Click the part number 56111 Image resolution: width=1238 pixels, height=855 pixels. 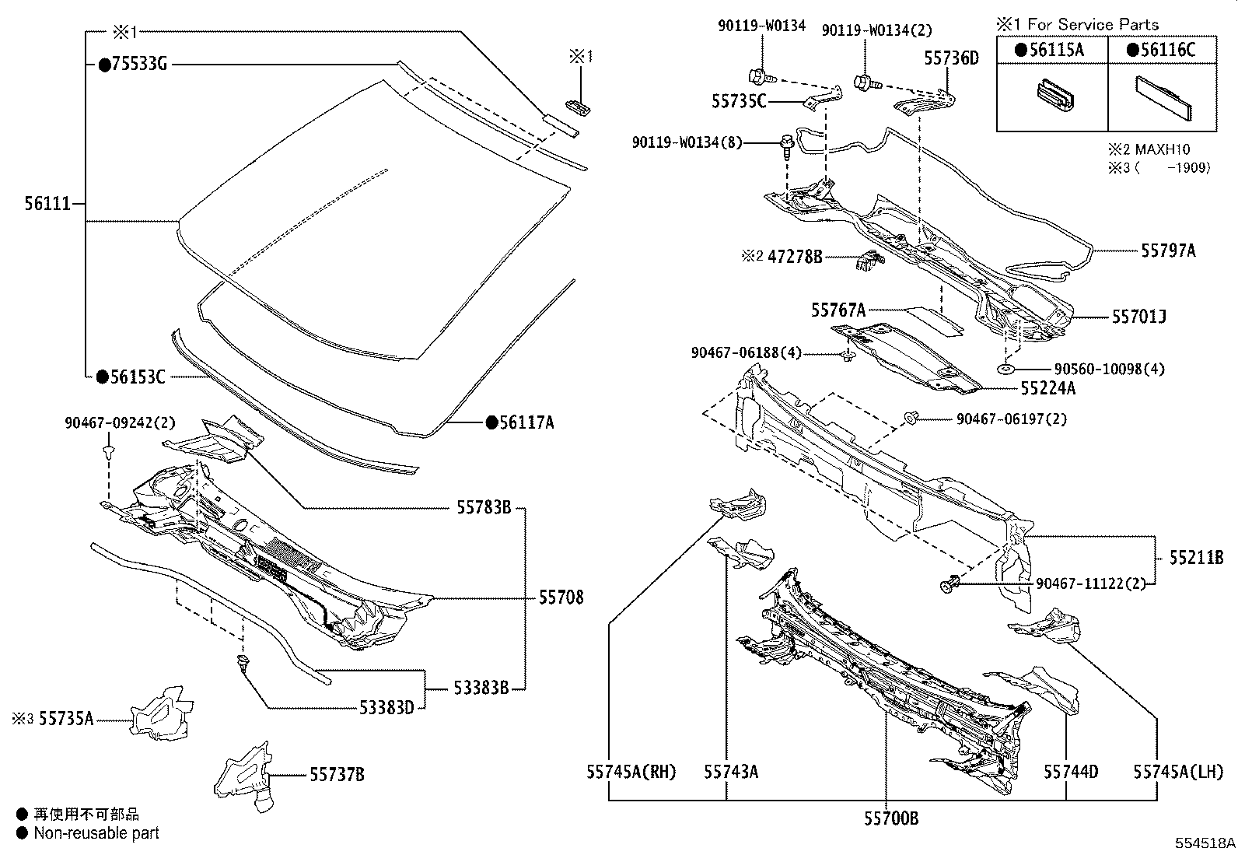pos(47,204)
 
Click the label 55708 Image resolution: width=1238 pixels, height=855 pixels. pos(561,597)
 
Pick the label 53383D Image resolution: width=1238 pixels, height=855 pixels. pos(386,707)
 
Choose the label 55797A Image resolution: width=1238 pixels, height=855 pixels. pos(1168,251)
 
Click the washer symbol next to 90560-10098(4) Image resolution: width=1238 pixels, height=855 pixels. pos(1004,369)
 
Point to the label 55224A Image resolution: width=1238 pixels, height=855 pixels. pos(1048,387)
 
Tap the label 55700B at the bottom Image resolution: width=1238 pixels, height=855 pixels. pos(890,818)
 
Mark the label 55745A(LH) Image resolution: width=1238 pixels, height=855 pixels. pos(1177,772)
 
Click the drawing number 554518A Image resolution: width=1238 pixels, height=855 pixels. pos(1205,843)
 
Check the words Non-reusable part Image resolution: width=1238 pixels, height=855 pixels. pos(96,833)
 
